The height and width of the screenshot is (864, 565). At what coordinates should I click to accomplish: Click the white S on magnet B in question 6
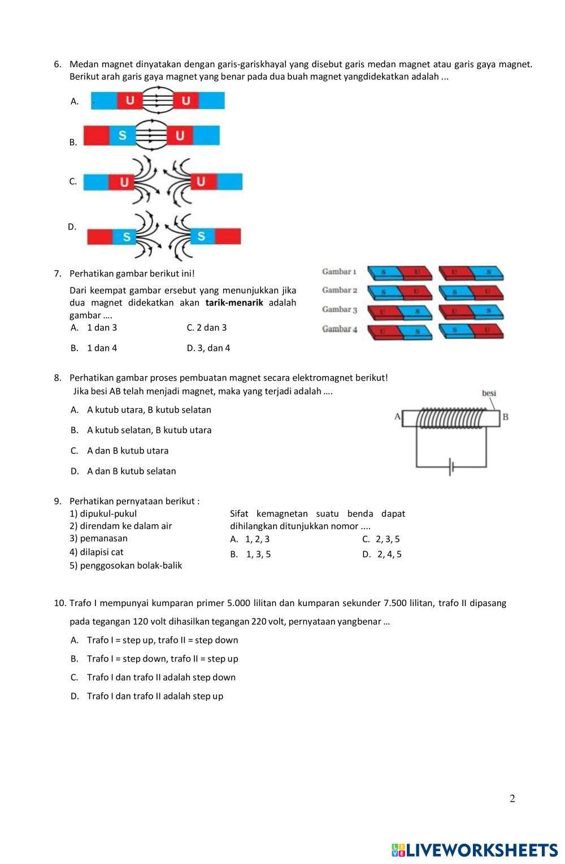[123, 136]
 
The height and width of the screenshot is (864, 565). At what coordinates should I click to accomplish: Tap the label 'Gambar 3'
[340, 310]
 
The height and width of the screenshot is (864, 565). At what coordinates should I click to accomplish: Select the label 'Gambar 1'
[339, 272]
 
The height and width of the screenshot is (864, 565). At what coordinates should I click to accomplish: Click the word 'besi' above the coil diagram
[489, 394]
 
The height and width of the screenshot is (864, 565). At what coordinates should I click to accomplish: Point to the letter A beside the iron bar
[397, 417]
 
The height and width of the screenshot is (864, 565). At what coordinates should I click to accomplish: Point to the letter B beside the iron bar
[505, 417]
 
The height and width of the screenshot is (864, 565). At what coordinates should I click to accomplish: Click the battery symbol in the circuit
[451, 467]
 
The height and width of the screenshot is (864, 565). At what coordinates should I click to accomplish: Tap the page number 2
[512, 798]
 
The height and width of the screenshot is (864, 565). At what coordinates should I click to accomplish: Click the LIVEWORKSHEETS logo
[475, 850]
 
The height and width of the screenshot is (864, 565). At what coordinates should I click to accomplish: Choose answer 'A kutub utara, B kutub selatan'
[149, 410]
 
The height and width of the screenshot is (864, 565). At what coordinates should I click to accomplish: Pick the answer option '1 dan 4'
[102, 348]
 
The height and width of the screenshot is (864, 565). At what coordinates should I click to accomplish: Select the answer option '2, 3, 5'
[388, 539]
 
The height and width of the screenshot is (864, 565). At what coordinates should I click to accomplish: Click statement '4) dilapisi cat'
[97, 552]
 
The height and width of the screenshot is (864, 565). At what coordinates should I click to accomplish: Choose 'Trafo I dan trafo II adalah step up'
[155, 696]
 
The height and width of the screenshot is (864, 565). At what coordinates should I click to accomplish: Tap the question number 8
[58, 378]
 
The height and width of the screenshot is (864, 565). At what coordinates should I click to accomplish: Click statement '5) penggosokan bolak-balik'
[126, 565]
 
